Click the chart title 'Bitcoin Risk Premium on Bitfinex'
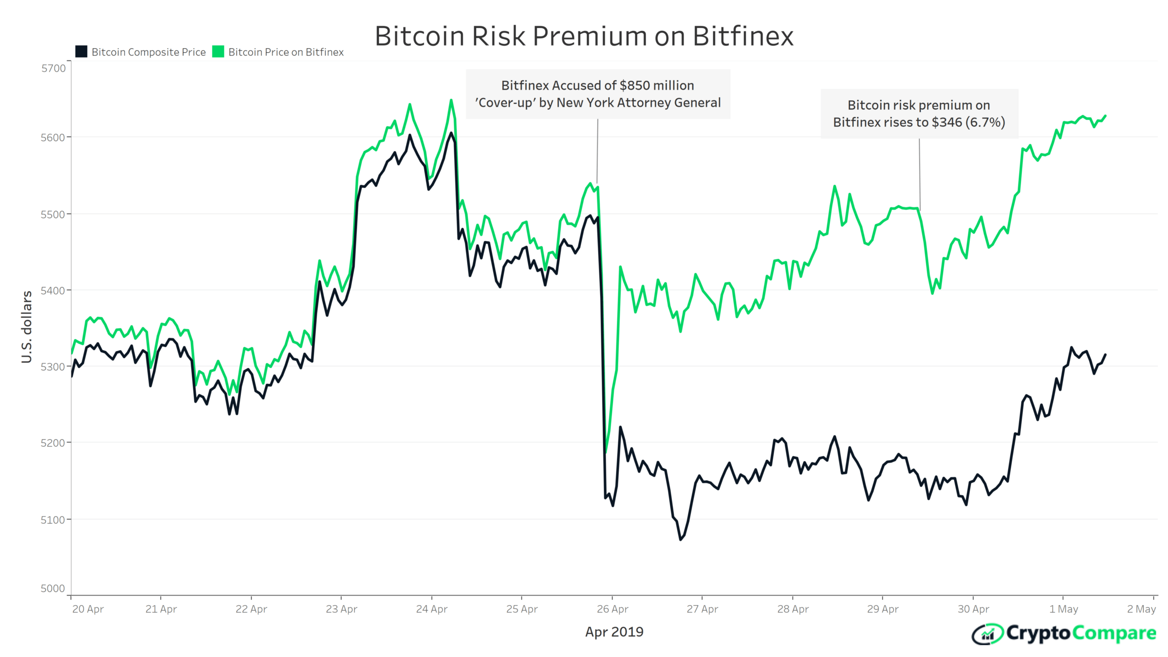[584, 36]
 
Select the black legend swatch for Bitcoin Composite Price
[81, 52]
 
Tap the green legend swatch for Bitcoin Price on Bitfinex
[218, 52]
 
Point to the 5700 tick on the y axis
[53, 68]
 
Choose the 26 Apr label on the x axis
[612, 609]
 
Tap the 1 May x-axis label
[1063, 609]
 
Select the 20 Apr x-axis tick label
[88, 609]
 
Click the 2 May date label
[1141, 609]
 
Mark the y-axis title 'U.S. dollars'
[27, 327]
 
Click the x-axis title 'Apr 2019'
[614, 631]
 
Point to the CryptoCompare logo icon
[987, 634]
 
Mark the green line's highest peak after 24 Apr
[451, 100]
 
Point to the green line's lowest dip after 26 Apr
[606, 452]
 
